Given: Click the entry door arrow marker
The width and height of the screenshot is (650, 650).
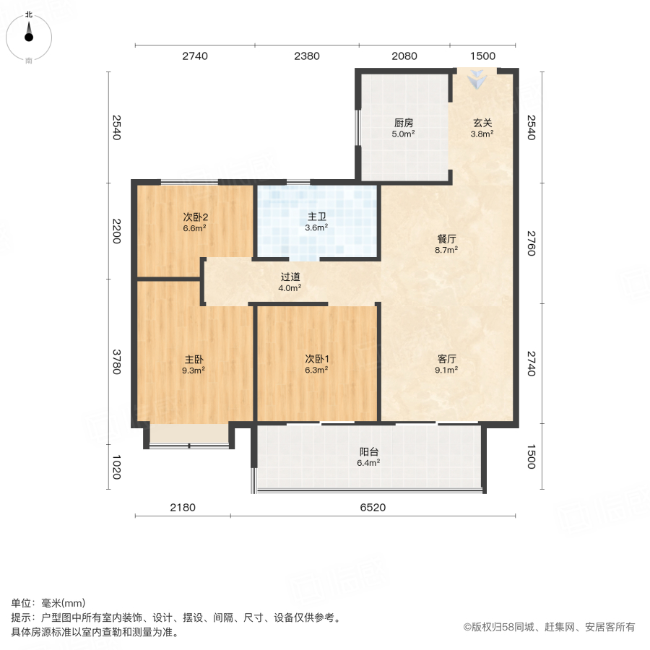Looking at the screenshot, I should [476, 80].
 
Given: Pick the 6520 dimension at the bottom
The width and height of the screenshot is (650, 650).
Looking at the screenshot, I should [373, 508].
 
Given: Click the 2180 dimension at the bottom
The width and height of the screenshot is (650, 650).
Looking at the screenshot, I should [183, 508].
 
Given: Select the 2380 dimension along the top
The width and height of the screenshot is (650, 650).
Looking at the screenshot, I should [306, 56].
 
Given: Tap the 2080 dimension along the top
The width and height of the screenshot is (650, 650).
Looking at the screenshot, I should [404, 56].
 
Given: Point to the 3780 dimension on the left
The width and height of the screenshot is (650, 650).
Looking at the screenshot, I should [116, 362].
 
